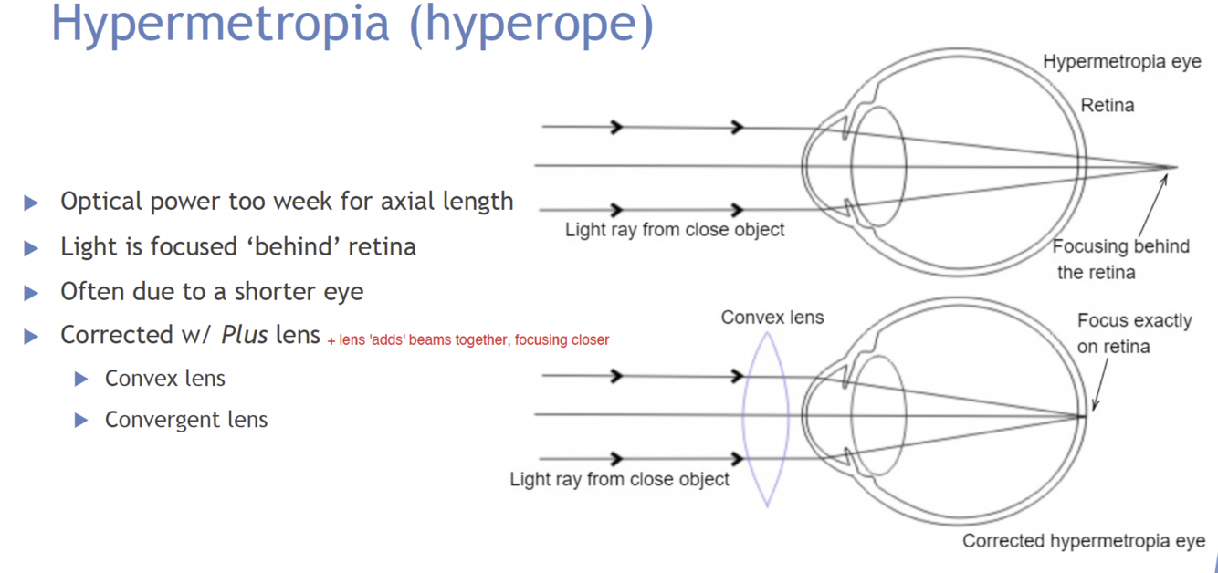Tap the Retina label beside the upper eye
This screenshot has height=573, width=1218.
(x=1107, y=105)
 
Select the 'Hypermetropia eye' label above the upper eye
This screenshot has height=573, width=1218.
(x=1122, y=62)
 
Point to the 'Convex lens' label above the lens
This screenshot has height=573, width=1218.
(x=772, y=318)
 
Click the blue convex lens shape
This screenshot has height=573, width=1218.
(x=766, y=415)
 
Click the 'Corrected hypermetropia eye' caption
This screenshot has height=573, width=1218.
(x=1084, y=541)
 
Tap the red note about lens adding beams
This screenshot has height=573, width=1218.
(x=467, y=340)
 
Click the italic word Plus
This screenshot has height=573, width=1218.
(x=245, y=335)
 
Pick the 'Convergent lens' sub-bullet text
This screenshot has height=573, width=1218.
(x=186, y=420)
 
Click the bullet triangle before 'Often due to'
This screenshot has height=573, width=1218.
(x=31, y=293)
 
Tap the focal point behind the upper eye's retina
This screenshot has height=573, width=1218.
(x=1174, y=167)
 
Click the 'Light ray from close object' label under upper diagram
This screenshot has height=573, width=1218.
(x=675, y=230)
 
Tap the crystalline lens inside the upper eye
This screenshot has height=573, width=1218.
(x=878, y=165)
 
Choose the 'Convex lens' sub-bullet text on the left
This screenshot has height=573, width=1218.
(x=165, y=378)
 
